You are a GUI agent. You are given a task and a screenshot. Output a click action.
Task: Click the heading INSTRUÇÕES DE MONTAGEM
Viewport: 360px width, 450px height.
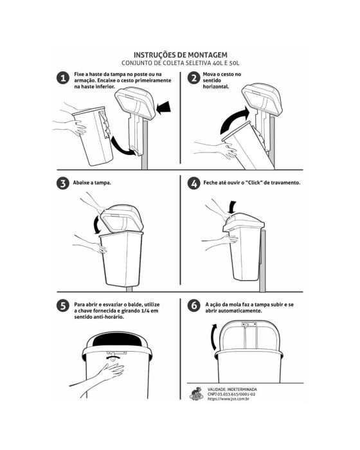(181, 55)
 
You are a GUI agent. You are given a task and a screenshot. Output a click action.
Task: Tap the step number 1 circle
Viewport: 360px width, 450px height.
(63, 78)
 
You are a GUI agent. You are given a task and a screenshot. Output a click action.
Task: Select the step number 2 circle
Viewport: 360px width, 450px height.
(194, 78)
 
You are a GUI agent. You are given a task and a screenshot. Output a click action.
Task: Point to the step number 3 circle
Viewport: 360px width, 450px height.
(63, 183)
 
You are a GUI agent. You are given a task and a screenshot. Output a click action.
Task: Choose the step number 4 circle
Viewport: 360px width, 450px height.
(194, 183)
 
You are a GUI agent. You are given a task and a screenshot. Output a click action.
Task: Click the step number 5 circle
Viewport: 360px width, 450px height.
(63, 305)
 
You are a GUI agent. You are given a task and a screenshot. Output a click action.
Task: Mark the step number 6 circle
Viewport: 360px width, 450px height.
(194, 305)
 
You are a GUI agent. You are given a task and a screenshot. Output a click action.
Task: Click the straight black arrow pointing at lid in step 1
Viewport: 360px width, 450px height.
(164, 108)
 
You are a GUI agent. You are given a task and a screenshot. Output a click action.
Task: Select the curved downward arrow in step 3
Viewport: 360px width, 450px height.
(96, 225)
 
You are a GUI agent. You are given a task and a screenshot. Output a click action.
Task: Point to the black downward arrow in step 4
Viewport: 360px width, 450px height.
(232, 206)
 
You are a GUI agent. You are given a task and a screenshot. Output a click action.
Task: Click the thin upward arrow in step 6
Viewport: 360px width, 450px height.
(213, 336)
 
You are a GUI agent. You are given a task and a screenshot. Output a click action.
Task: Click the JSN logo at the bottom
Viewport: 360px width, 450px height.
(196, 393)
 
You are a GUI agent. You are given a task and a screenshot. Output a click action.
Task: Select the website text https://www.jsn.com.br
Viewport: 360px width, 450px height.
(228, 399)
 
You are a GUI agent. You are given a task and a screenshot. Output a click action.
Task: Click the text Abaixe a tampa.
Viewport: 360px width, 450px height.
(92, 183)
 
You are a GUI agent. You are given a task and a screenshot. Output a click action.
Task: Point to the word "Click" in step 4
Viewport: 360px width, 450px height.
(254, 183)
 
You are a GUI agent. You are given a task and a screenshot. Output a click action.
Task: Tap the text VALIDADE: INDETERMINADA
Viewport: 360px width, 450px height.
(232, 390)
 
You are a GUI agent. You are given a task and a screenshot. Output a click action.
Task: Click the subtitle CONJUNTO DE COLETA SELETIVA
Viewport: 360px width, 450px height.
(166, 63)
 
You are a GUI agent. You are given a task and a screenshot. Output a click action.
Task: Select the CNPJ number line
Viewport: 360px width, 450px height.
(231, 394)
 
